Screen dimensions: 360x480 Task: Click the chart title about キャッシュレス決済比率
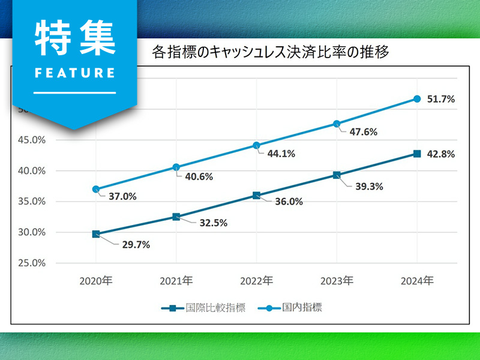(271, 53)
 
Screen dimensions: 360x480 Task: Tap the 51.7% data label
(440, 99)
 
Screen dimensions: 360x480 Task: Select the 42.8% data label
(440, 154)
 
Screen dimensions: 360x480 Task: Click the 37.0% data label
(122, 196)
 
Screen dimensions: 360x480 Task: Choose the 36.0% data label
(288, 202)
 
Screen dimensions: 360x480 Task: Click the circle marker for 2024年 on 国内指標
(417, 99)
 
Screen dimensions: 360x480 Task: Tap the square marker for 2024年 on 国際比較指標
(417, 154)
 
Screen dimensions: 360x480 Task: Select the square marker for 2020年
(96, 234)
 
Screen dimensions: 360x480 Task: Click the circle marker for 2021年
(176, 167)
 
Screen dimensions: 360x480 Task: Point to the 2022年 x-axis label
(256, 280)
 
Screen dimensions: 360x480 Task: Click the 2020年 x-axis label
(96, 280)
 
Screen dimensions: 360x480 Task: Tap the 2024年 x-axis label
(417, 280)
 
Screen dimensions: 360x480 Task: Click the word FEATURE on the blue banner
(75, 73)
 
